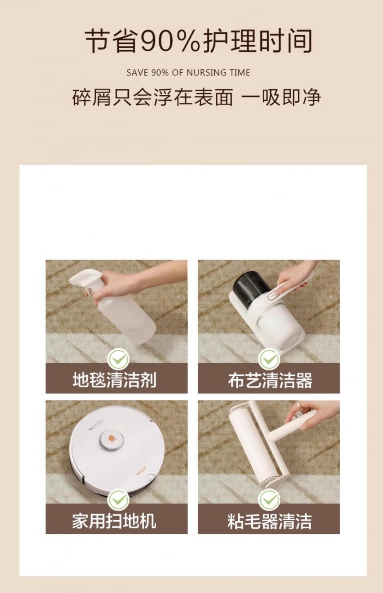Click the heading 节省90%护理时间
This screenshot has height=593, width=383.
(x=198, y=41)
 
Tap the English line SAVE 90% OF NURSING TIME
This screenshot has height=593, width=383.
(x=188, y=73)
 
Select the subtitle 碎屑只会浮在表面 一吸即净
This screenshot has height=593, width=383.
(x=197, y=97)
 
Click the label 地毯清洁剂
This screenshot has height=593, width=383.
(x=115, y=379)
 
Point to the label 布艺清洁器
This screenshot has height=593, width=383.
(x=270, y=380)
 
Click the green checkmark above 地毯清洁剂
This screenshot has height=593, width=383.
(x=118, y=359)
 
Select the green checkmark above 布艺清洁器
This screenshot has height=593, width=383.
(x=269, y=359)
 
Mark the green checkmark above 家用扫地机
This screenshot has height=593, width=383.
(x=118, y=500)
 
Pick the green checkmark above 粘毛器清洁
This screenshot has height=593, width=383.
(x=269, y=500)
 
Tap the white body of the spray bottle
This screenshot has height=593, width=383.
(x=127, y=318)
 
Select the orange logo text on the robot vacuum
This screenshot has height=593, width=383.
(x=141, y=472)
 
